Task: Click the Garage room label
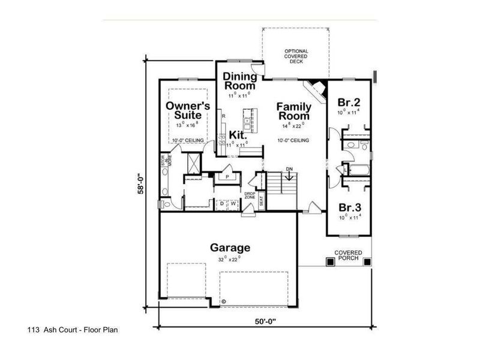[x=230, y=247]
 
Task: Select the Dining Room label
[x=240, y=81]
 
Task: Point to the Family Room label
[x=293, y=111]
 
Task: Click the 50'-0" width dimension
[x=265, y=321]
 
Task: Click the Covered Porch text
[x=348, y=255]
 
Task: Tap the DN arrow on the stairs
[x=289, y=175]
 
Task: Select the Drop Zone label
[x=250, y=196]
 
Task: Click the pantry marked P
[x=228, y=178]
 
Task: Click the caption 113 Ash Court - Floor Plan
[x=77, y=330]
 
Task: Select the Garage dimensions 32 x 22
[x=230, y=259]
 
